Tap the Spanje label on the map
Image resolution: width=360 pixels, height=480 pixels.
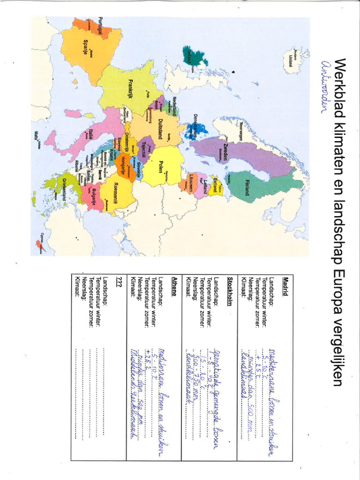[x=85, y=47]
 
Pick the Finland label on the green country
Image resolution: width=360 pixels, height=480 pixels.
[x=247, y=187]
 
